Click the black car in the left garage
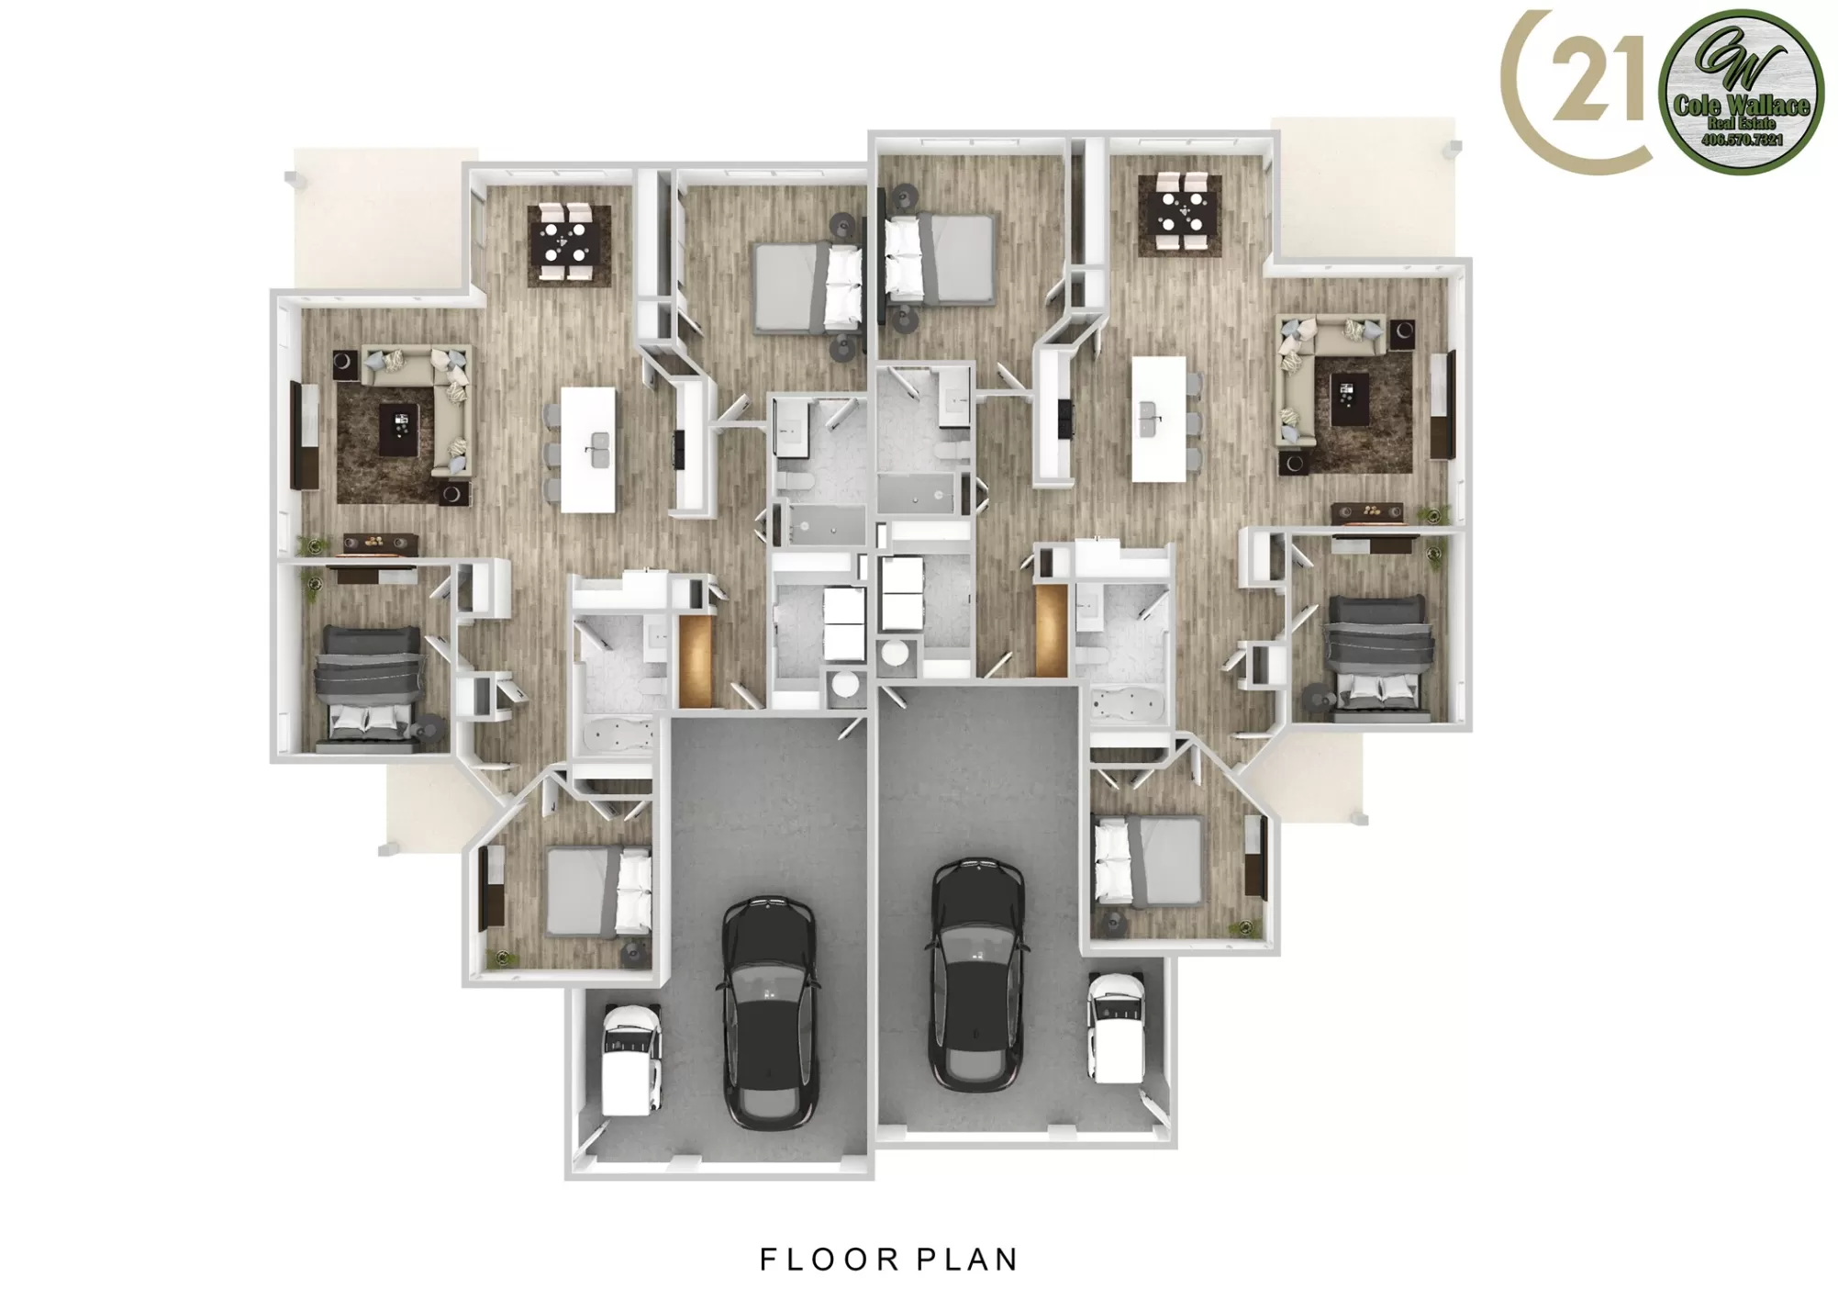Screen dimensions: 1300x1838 coord(770,1013)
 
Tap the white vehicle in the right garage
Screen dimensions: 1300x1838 coord(1115,1026)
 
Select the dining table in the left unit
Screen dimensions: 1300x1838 coord(569,244)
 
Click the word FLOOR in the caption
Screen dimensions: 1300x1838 coord(818,1260)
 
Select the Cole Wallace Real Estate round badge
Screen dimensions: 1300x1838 coord(1741,92)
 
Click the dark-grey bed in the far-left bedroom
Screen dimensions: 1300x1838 coord(367,684)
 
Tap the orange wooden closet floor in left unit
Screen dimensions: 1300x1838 coord(696,659)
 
